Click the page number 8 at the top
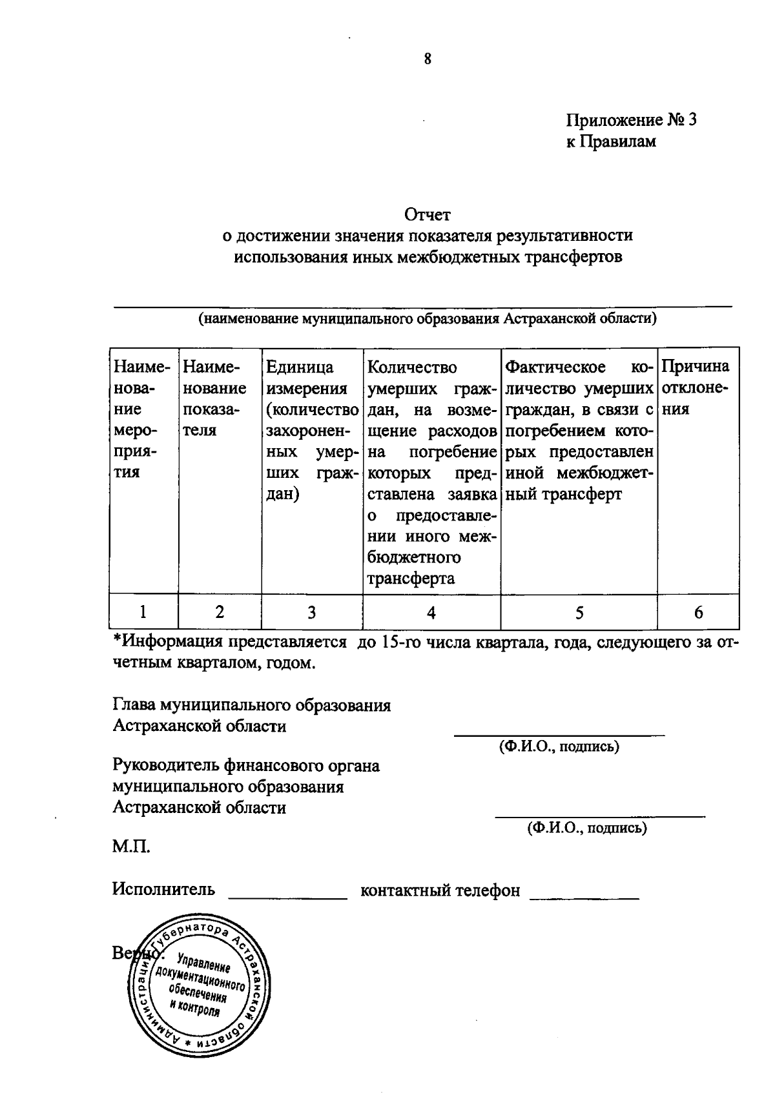pos(427,60)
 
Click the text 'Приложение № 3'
pos(632,121)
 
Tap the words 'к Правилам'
pos(611,142)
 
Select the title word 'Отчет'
pos(427,214)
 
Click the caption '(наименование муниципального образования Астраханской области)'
pos(427,318)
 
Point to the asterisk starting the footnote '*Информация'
pos(117,641)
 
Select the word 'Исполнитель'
pos(163,890)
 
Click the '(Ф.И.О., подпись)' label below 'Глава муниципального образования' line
pos(559,747)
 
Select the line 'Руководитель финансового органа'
pos(246,767)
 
